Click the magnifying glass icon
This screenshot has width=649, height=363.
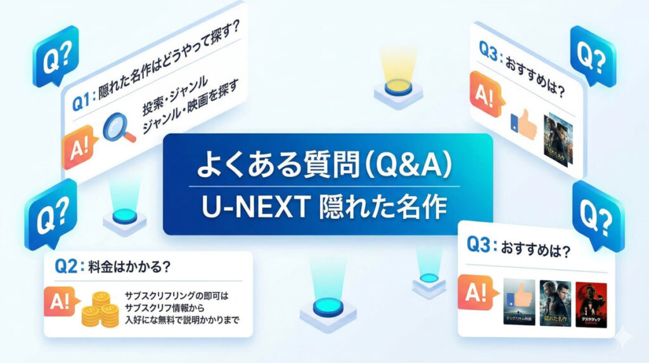[x=119, y=126]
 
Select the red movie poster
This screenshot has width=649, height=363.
[x=591, y=303]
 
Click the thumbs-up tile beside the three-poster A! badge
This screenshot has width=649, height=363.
[x=518, y=303]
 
